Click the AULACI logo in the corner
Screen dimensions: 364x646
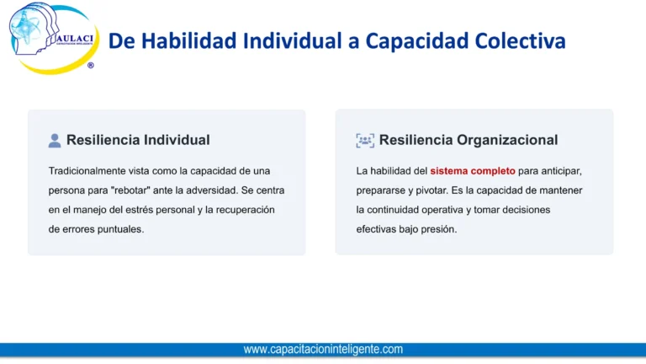tap(52, 37)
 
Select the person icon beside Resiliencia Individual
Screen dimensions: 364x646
tap(55, 141)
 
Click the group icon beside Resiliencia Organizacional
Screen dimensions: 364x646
tap(364, 141)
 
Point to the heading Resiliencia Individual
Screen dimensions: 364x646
tap(138, 140)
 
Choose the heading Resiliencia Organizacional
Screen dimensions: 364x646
tap(468, 140)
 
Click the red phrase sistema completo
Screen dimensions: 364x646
tap(473, 171)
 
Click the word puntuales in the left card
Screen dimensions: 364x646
tap(121, 229)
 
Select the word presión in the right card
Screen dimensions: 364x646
tap(439, 229)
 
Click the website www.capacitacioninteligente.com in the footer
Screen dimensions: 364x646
tap(323, 349)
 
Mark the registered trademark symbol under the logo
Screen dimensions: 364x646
tap(91, 65)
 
